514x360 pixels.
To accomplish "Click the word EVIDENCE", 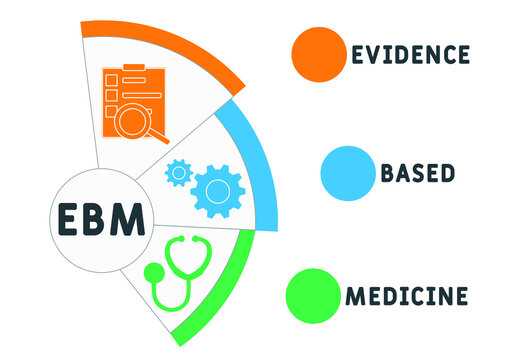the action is pyautogui.click(x=409, y=54).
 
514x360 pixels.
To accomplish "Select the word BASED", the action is pyautogui.click(x=417, y=174).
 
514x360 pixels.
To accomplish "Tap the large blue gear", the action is pyautogui.click(x=218, y=187).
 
